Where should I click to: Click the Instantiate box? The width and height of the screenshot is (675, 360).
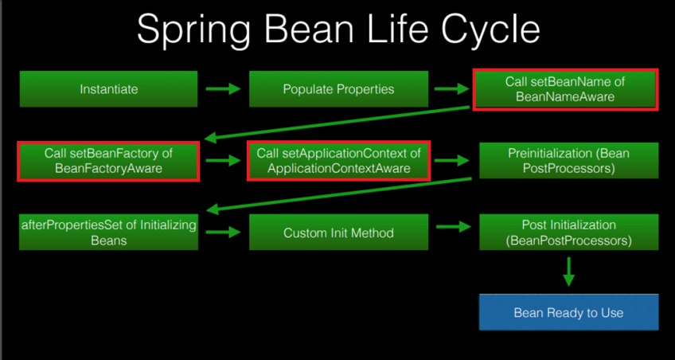coord(108,89)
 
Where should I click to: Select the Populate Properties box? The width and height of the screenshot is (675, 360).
coord(339,89)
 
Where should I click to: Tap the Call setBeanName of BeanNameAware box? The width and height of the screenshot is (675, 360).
coord(565,89)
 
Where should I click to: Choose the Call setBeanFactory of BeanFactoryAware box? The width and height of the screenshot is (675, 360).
coord(108,161)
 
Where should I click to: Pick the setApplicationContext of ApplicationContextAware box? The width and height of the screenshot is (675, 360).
coord(339,161)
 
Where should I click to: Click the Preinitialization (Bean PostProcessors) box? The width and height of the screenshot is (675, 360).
coord(568,161)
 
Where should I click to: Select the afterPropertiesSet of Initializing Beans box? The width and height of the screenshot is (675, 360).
coord(108,232)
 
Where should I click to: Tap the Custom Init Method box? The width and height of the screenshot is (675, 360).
coord(339,232)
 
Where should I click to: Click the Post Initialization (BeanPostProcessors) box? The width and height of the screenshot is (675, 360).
coord(568,232)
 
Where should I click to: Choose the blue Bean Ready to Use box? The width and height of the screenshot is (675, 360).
coord(568,312)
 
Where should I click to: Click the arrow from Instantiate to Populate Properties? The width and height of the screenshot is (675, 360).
coord(223,89)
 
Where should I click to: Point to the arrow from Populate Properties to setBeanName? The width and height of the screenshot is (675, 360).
coord(451,89)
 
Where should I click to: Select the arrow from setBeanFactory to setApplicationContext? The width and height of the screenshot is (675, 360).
coord(223,161)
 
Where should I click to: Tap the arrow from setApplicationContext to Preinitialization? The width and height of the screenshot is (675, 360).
coord(451,161)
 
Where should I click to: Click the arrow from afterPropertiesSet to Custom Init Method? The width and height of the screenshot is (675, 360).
coord(223,233)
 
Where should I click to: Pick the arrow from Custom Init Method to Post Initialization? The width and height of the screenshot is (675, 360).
coord(454,226)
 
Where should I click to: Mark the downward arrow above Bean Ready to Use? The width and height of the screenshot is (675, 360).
coord(568,272)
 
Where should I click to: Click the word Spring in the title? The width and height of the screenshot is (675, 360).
coord(193,29)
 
